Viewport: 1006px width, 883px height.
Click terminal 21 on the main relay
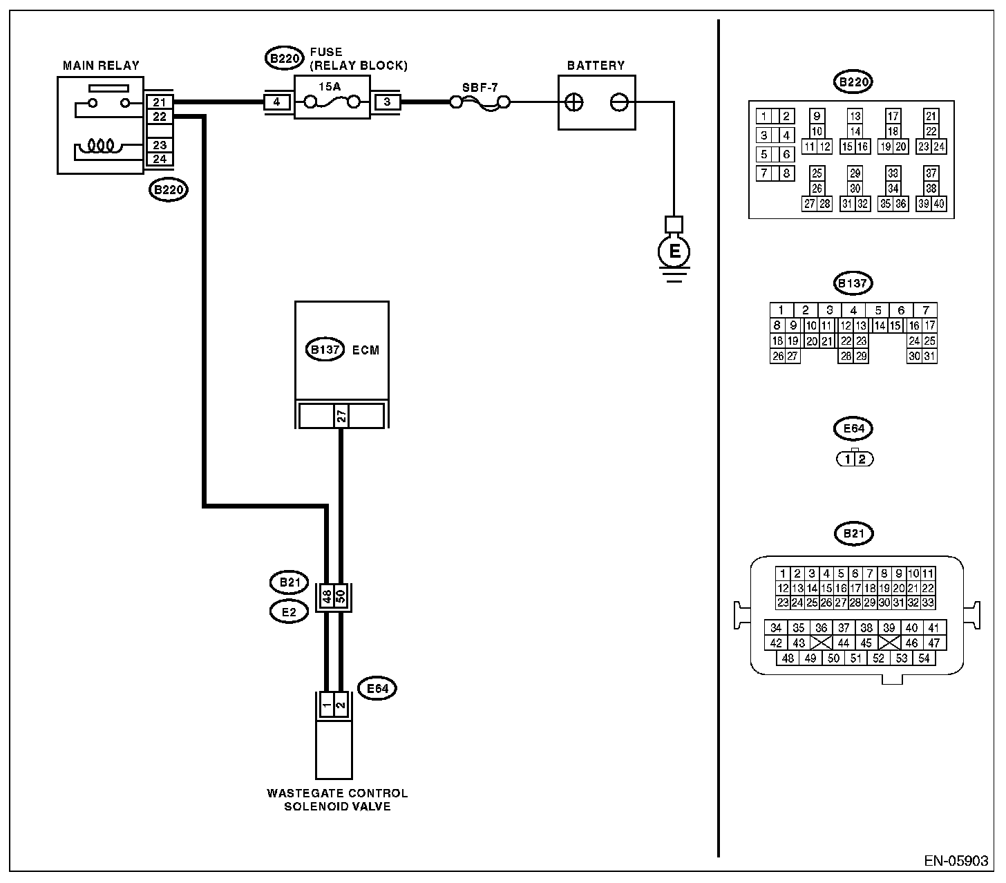click(x=160, y=102)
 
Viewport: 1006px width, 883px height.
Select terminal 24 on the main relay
click(x=160, y=159)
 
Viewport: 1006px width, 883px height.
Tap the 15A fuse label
click(x=330, y=87)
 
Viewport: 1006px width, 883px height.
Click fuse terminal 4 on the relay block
click(x=276, y=102)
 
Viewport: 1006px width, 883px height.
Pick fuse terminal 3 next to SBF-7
click(x=388, y=102)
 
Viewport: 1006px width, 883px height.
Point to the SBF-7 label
click(x=480, y=88)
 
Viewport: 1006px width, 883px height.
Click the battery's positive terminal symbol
click(x=574, y=103)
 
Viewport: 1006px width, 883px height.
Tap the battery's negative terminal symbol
click(x=618, y=103)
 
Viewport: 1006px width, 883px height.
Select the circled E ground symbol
click(x=674, y=251)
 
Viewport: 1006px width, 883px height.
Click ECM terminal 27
click(x=341, y=415)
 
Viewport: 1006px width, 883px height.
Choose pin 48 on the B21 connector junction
click(x=327, y=596)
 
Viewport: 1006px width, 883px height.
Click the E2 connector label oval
click(x=289, y=612)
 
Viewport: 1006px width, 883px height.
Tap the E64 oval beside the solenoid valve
click(x=377, y=688)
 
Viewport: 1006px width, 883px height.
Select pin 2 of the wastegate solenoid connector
click(x=341, y=705)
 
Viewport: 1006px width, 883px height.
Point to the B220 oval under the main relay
click(x=169, y=190)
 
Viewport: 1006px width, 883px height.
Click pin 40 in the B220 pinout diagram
click(x=938, y=204)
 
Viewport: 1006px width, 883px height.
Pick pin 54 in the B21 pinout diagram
click(x=924, y=658)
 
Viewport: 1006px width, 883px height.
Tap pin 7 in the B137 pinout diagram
click(x=926, y=310)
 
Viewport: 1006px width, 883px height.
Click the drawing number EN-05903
click(x=956, y=861)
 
